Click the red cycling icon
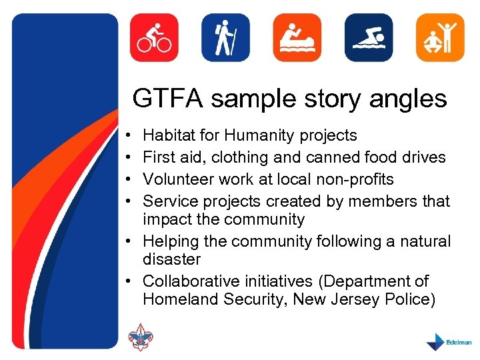[154, 37]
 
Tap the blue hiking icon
[225, 37]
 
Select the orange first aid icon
[297, 37]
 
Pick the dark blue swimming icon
[368, 37]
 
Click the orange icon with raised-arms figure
[439, 37]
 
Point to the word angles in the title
[413, 99]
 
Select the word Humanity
[261, 136]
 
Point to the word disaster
[171, 259]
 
